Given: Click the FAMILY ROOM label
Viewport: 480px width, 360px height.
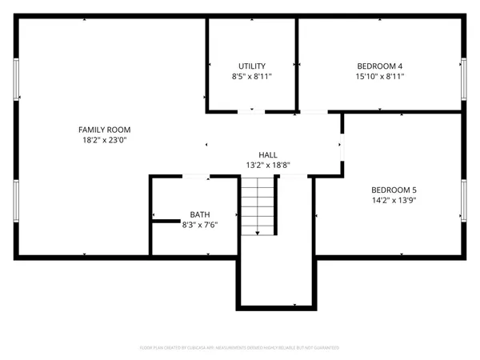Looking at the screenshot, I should point(104,130).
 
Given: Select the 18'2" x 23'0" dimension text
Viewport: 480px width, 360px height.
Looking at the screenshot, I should point(104,141).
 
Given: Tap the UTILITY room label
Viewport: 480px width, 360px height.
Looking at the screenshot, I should point(252,66).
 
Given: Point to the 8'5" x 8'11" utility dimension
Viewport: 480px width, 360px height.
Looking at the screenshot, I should point(252,77).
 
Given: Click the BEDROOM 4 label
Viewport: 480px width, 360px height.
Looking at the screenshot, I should point(379,66).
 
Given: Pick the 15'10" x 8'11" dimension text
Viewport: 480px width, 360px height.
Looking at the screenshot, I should point(379,77).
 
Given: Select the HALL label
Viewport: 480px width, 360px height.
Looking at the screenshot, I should point(268,154).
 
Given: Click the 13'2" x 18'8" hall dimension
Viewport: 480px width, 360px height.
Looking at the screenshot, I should point(268,166).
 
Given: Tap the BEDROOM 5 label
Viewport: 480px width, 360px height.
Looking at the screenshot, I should point(394,190).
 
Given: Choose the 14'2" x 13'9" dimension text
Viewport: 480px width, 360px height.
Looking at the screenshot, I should point(394,201).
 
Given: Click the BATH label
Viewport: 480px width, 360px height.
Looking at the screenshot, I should point(200,214).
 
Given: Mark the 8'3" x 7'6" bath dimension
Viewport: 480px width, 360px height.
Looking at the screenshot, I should point(200,226).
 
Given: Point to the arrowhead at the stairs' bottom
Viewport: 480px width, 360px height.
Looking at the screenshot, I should point(258,233).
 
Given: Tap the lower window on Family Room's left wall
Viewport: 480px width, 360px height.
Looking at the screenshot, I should point(15,200).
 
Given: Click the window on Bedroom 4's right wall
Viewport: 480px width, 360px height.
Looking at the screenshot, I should point(464,78).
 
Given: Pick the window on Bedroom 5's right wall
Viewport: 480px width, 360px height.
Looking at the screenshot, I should point(464,200).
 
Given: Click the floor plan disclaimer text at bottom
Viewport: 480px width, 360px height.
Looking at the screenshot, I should point(240,348).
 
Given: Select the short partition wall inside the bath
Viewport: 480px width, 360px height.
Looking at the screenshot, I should point(166,220).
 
